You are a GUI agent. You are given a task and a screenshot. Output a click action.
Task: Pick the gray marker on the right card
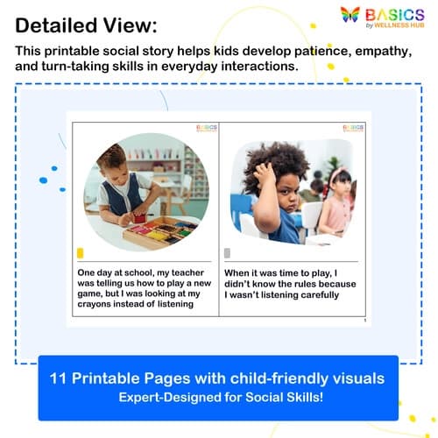pos(228,252)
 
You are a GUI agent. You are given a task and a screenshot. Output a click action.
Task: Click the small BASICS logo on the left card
pos(206,127)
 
